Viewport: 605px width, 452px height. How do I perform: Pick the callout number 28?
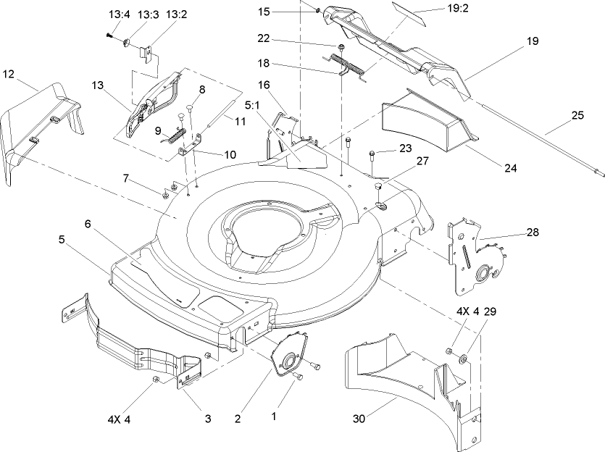[x=532, y=233]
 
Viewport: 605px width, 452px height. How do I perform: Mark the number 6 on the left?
[x=88, y=225]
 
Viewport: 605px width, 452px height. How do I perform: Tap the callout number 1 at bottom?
[x=273, y=417]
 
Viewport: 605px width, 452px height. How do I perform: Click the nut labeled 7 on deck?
[x=164, y=193]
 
